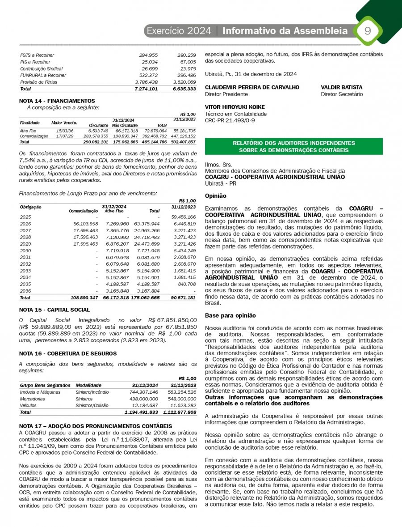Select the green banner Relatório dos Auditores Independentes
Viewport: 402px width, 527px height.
pos(293,147)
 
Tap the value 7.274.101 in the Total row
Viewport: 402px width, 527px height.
pos(146,89)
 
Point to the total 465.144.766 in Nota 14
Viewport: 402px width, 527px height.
pos(154,141)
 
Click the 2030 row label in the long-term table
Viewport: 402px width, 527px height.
pos(25,251)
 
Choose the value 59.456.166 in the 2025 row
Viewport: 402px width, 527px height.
pos(183,217)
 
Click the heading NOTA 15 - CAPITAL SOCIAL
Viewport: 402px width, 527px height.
pos(55,310)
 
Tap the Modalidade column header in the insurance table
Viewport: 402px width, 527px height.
pos(88,385)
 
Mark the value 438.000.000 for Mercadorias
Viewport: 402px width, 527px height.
pos(144,398)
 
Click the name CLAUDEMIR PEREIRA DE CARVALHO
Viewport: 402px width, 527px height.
pos(252,87)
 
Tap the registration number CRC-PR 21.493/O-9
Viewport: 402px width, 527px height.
pos(230,120)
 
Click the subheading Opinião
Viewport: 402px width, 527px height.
pos(215,196)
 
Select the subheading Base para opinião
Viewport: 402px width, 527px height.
pos(230,315)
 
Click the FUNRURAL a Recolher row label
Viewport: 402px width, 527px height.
pos(43,76)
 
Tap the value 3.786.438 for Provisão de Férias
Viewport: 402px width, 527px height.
pos(146,82)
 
